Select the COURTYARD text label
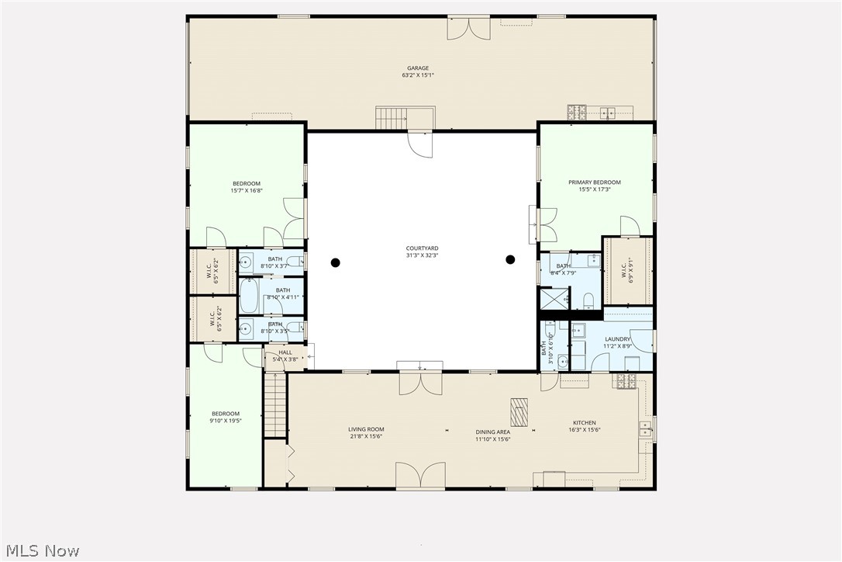422,248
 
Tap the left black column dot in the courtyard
336,262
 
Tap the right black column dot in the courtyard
510,259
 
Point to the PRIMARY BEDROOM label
595,182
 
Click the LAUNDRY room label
618,339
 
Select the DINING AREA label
492,432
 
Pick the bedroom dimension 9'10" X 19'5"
225,421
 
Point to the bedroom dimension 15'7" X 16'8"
247,190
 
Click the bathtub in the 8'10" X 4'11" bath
249,296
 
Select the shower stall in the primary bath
554,299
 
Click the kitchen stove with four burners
625,380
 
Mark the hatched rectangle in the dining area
519,412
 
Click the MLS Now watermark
40,551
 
